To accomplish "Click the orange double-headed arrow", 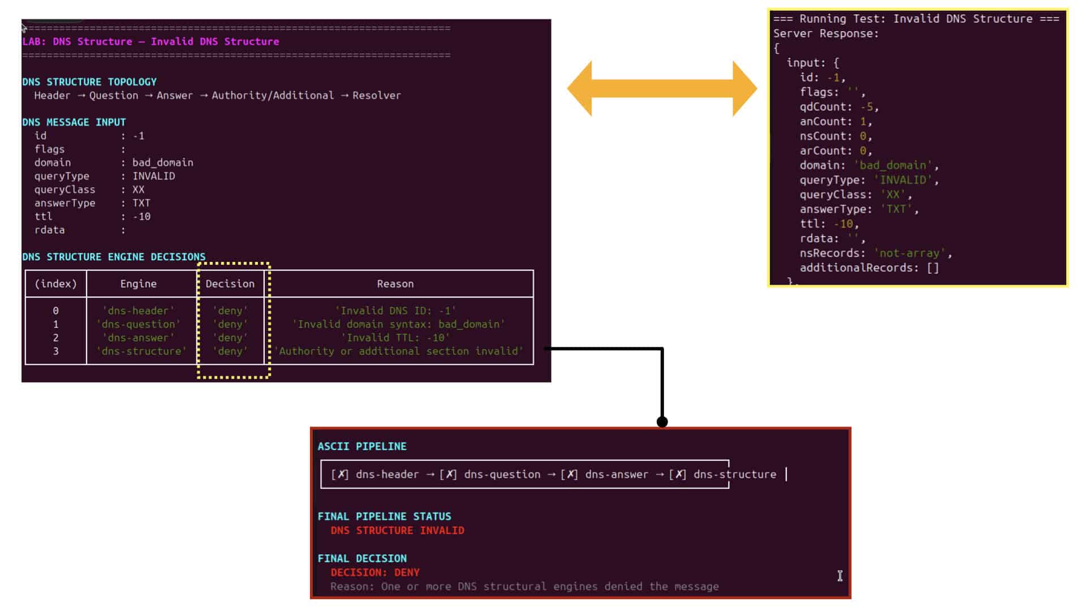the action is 662,89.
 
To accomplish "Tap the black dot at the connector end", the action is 662,421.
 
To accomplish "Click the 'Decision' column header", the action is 230,284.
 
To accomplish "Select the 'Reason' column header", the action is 395,284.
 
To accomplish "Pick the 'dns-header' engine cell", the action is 139,311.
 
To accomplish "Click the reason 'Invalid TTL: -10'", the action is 395,338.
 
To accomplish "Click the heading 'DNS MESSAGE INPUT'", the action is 74,122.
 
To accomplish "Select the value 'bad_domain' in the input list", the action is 163,163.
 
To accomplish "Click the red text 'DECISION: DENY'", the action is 375,573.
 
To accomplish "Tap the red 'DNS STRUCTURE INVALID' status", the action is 398,531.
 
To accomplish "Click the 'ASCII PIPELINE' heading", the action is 362,446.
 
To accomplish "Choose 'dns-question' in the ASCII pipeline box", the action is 502,475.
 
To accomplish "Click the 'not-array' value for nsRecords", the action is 910,253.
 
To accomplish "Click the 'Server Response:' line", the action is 826,34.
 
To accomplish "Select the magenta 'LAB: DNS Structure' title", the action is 77,42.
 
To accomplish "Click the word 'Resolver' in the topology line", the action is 377,96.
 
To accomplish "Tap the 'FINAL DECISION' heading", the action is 362,558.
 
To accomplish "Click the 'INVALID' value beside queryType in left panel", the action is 154,176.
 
